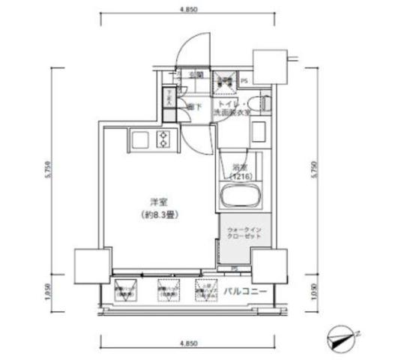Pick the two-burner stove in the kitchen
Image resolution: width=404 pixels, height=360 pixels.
pyautogui.click(x=163, y=139)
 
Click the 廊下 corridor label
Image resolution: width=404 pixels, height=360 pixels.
pyautogui.click(x=193, y=106)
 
